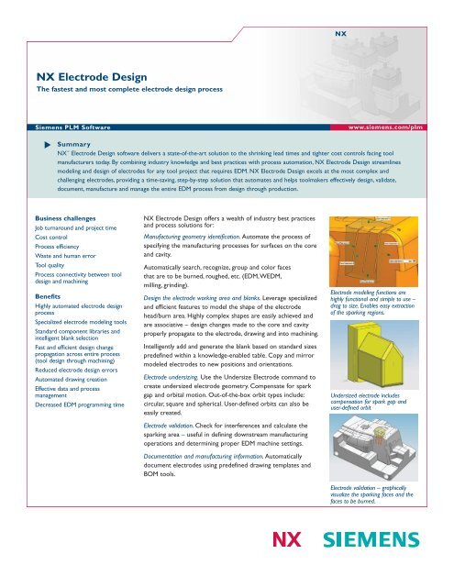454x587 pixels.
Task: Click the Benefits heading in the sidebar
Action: pyautogui.click(x=47, y=324)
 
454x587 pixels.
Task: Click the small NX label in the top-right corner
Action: pyautogui.click(x=340, y=32)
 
